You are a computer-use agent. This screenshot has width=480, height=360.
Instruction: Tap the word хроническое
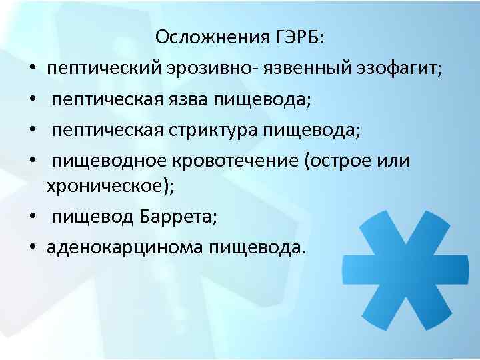click(107, 187)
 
